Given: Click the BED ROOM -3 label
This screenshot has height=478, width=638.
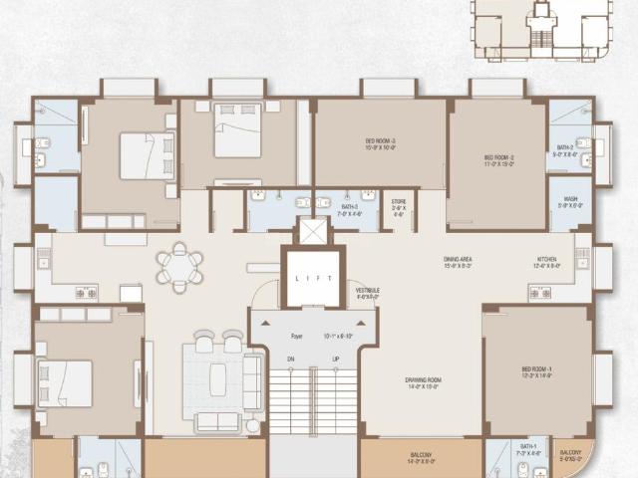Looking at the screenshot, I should point(380,141).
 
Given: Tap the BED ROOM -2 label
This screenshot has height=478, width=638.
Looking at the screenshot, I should point(497,156).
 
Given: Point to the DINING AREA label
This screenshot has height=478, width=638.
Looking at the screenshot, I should point(458,260).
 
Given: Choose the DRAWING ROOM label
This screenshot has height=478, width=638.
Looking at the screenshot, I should point(424,379).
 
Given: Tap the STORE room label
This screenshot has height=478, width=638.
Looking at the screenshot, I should point(399,201).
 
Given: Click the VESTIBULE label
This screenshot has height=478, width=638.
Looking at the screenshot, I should point(367,291).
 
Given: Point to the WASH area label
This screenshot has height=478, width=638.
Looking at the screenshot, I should point(570,199).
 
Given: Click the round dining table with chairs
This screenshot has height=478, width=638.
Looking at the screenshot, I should point(179,266).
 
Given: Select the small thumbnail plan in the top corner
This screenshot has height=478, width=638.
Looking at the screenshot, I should point(542,24).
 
